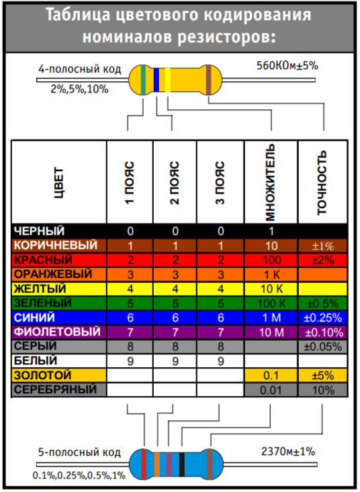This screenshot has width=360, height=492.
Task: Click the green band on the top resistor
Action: tap(143, 80)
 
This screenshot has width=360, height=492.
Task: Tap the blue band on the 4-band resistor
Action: tap(156, 80)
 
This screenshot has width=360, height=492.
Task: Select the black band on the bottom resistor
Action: tap(182, 464)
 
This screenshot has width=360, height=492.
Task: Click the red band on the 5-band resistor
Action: tap(144, 464)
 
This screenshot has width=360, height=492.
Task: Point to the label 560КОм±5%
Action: tap(287, 66)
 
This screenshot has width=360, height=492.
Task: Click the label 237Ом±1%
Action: tap(288, 452)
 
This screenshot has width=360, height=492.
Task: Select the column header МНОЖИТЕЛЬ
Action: tap(270, 183)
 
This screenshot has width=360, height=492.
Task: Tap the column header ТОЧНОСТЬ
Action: tap(322, 183)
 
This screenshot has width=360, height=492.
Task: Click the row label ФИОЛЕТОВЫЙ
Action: tap(57, 332)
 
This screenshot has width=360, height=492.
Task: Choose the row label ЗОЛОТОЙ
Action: tap(43, 375)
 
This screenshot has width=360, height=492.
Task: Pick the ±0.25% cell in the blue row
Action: tap(322, 318)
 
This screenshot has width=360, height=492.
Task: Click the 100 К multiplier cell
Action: tap(271, 303)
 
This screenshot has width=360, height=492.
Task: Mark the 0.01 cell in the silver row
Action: tap(271, 390)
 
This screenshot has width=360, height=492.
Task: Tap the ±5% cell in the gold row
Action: tap(322, 376)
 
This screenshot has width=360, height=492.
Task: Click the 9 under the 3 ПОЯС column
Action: tap(221, 361)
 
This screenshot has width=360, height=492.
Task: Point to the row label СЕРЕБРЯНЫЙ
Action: tap(55, 390)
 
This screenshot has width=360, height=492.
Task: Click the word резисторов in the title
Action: tap(226, 38)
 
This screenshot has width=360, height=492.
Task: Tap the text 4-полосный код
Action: tap(79, 69)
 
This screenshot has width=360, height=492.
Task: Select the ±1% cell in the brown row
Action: tap(322, 246)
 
